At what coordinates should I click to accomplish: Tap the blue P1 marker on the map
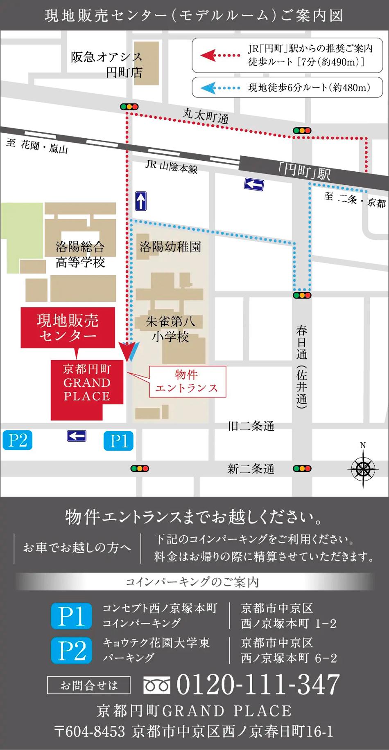click(x=118, y=441)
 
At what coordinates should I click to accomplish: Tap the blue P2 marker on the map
click(x=17, y=440)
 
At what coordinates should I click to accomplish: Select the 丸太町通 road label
click(x=206, y=115)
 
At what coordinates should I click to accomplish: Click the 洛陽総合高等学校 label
click(x=80, y=254)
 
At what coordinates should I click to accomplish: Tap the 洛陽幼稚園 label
click(x=170, y=247)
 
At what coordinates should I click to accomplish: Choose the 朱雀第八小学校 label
click(x=170, y=329)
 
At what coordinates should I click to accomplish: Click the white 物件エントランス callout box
click(x=187, y=382)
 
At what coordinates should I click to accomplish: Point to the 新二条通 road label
click(x=251, y=469)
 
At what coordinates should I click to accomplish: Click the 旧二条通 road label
click(x=251, y=426)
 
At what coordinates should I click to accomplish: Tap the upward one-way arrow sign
click(x=141, y=201)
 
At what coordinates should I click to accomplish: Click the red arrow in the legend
click(x=209, y=55)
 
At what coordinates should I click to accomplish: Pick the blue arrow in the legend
click(x=209, y=88)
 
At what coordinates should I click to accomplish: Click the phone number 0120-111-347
click(x=258, y=685)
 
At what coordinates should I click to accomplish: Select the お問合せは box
click(x=89, y=685)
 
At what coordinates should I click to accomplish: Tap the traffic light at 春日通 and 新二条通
click(x=302, y=469)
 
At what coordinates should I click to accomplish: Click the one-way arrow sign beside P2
click(x=77, y=436)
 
